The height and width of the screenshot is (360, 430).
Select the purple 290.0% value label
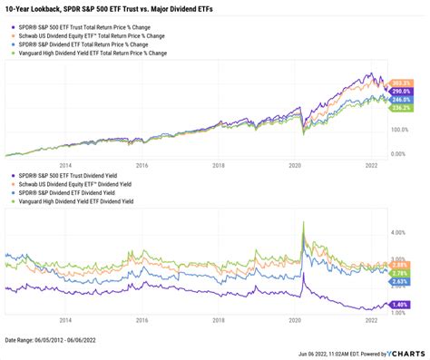(x=398, y=92)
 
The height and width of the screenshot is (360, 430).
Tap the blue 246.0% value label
(x=398, y=101)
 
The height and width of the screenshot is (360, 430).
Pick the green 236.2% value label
(x=398, y=110)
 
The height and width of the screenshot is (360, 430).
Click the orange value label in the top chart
(x=398, y=83)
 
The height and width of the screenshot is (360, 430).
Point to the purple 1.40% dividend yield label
(x=398, y=306)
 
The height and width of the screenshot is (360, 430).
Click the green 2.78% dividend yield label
(x=398, y=271)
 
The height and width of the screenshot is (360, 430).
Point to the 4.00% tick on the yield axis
(x=396, y=232)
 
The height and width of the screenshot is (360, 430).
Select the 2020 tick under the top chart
(x=294, y=166)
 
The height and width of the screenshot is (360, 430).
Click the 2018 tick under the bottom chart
(x=218, y=321)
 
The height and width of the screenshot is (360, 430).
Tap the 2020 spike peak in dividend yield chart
(x=300, y=219)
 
